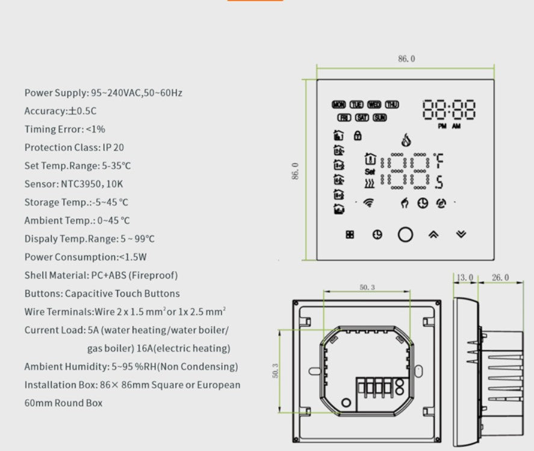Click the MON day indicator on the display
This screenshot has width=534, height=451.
338,104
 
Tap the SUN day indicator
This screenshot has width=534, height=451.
379,118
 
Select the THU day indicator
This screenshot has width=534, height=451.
392,104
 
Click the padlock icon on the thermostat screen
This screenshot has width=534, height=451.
357,135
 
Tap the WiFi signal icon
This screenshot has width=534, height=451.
368,203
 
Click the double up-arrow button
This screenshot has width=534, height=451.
433,235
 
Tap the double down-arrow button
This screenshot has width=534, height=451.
461,235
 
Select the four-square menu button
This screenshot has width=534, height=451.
350,235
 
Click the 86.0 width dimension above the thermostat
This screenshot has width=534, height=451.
406,59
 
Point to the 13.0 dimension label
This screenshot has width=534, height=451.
464,277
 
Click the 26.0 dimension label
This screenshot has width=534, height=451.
500,277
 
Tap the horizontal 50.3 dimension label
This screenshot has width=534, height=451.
367,288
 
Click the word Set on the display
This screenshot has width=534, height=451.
370,171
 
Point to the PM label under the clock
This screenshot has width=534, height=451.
442,127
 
